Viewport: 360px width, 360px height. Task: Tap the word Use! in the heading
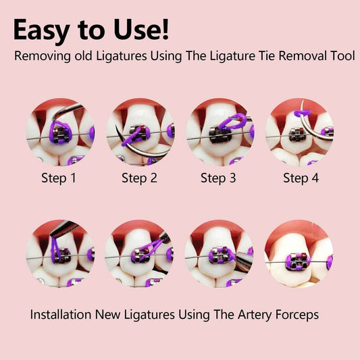tap(141, 30)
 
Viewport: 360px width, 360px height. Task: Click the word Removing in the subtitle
tap(43, 56)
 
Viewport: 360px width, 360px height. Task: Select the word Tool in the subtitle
tap(342, 55)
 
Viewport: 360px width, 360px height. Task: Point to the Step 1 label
tap(59, 178)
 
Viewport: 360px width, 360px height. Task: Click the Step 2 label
tap(139, 178)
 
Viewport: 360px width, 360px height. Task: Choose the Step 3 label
tap(218, 178)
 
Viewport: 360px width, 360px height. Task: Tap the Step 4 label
tap(301, 178)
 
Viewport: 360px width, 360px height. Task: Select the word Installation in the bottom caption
tap(61, 314)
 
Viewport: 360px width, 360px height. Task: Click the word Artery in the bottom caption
tap(255, 315)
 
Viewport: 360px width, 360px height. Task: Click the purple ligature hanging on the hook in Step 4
tap(302, 113)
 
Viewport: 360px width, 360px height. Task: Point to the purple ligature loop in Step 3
tap(232, 122)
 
